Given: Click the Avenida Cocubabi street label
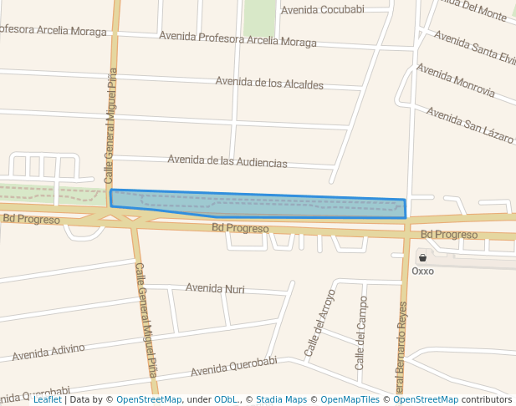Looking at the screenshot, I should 322,10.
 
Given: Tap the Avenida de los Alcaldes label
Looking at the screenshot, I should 269,84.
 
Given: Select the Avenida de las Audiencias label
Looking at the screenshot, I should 227,161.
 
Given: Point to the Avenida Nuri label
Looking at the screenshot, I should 215,289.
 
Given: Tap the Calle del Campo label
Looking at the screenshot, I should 360,332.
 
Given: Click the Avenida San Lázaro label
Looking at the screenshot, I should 470,124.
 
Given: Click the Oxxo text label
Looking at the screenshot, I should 423,271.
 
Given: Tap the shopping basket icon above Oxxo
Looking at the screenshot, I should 422,257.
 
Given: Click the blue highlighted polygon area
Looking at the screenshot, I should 276,206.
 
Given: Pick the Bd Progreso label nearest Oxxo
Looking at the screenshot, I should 448,235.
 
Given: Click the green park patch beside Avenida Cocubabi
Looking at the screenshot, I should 260,17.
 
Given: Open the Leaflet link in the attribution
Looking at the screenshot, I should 47,400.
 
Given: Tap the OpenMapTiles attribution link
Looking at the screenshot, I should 351,400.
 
